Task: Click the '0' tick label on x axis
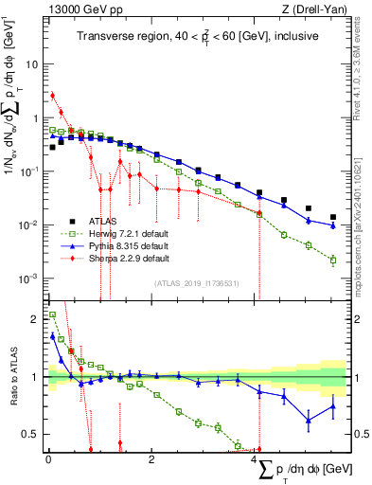(x=47, y=460)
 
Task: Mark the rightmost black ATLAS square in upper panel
(x=332, y=217)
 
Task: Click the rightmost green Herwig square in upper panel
(x=332, y=260)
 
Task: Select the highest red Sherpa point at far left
(x=53, y=95)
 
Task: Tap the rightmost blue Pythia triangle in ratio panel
(x=332, y=406)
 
